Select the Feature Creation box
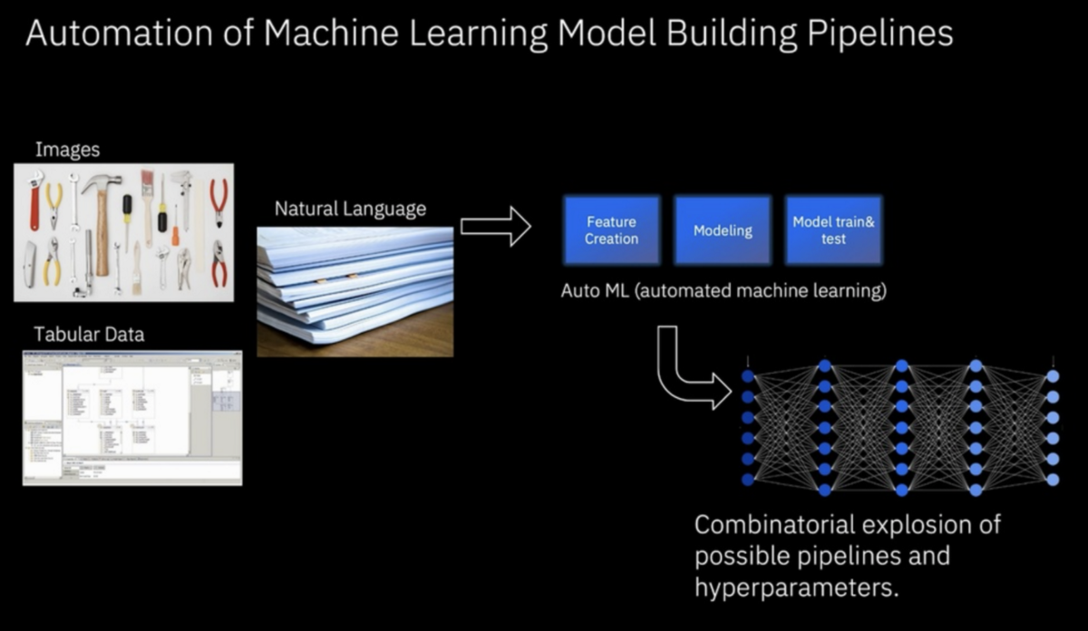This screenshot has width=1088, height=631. click(611, 230)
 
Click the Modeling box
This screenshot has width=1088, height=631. click(723, 230)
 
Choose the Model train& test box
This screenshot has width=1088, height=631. click(833, 230)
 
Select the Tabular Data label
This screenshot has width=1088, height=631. click(89, 334)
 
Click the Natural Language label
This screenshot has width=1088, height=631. click(350, 209)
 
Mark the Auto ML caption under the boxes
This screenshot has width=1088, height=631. click(724, 292)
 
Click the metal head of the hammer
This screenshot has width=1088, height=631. click(101, 184)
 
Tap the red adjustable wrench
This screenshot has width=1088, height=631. click(35, 199)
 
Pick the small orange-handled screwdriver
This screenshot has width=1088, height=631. click(175, 227)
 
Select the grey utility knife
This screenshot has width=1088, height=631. click(31, 265)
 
